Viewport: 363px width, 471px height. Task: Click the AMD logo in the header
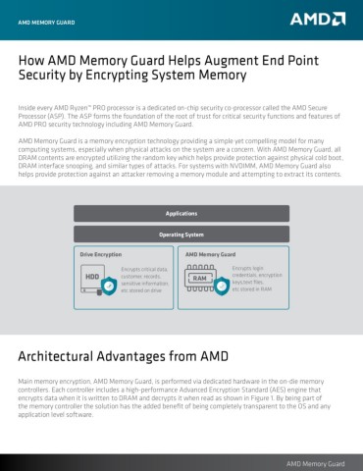click(x=316, y=18)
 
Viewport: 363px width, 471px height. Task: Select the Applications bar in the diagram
click(x=181, y=213)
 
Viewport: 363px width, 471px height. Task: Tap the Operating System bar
click(x=181, y=235)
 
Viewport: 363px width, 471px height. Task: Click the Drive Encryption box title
click(x=102, y=253)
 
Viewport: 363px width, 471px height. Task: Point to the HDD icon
click(x=94, y=278)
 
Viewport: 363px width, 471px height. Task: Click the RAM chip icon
click(x=201, y=279)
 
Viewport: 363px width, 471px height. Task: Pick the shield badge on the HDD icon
click(x=109, y=286)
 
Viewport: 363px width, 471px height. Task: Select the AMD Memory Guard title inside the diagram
click(x=210, y=253)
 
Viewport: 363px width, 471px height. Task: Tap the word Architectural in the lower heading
click(x=62, y=354)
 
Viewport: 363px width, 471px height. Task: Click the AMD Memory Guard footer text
click(x=314, y=462)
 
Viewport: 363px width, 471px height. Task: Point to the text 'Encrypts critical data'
click(x=144, y=267)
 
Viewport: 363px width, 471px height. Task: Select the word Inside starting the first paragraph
click(x=28, y=103)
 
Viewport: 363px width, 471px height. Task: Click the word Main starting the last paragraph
click(x=27, y=379)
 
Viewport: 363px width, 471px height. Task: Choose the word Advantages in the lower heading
click(x=155, y=354)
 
